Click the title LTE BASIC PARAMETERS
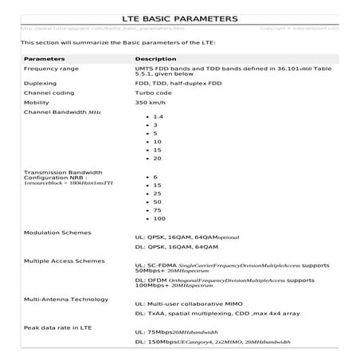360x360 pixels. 179,18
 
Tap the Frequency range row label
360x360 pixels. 51,69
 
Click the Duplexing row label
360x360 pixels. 40,81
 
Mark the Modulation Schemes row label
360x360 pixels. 57,233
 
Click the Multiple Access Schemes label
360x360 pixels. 64,261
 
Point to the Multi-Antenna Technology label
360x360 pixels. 65,299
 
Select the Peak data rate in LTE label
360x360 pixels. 57,327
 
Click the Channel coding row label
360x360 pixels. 49,92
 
